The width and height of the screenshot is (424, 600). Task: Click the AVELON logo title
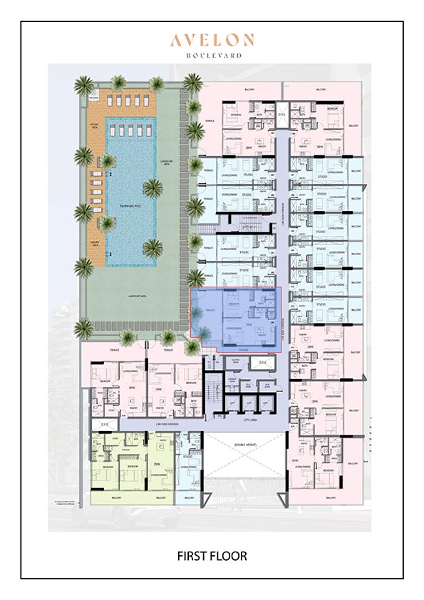(x=211, y=41)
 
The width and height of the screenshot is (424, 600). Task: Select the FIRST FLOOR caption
(x=212, y=554)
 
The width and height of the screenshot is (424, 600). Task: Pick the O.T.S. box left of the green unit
(x=105, y=424)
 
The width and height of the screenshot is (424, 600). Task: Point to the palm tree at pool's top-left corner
(x=84, y=86)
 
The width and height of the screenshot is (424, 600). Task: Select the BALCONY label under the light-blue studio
(x=188, y=498)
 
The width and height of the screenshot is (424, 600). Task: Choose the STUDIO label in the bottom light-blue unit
(x=187, y=456)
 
